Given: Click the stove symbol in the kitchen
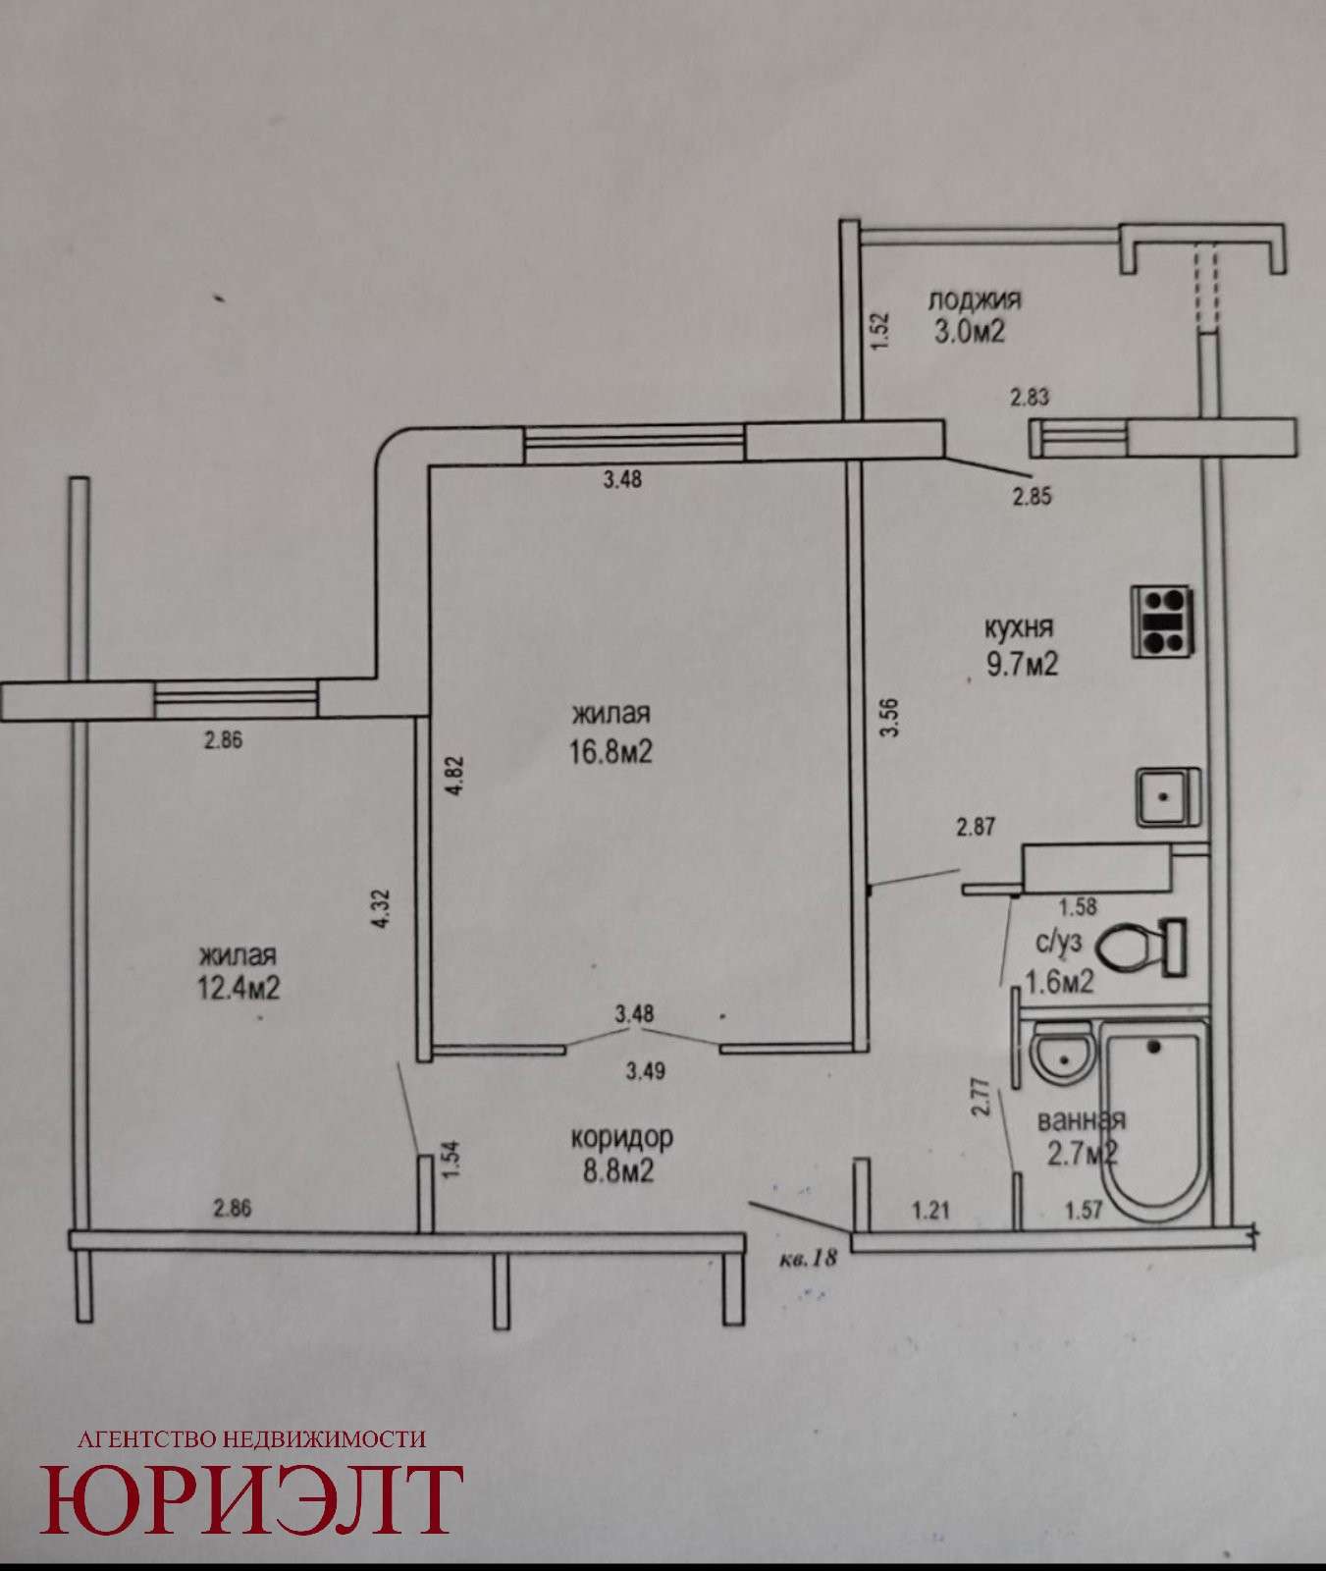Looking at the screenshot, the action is pyautogui.click(x=1163, y=622).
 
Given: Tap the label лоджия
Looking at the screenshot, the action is pyautogui.click(x=976, y=299).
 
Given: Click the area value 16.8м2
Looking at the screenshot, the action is pyautogui.click(x=611, y=751).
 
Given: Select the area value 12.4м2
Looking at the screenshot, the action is pyautogui.click(x=239, y=987).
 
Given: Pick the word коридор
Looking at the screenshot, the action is pyautogui.click(x=622, y=1138).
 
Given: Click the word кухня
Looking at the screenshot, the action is pyautogui.click(x=1020, y=626).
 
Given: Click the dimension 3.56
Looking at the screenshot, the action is pyautogui.click(x=890, y=722).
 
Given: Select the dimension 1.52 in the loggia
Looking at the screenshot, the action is pyautogui.click(x=879, y=332).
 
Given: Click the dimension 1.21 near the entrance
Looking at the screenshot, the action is pyautogui.click(x=932, y=1211).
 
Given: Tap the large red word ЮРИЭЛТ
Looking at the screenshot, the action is pyautogui.click(x=251, y=1500).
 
